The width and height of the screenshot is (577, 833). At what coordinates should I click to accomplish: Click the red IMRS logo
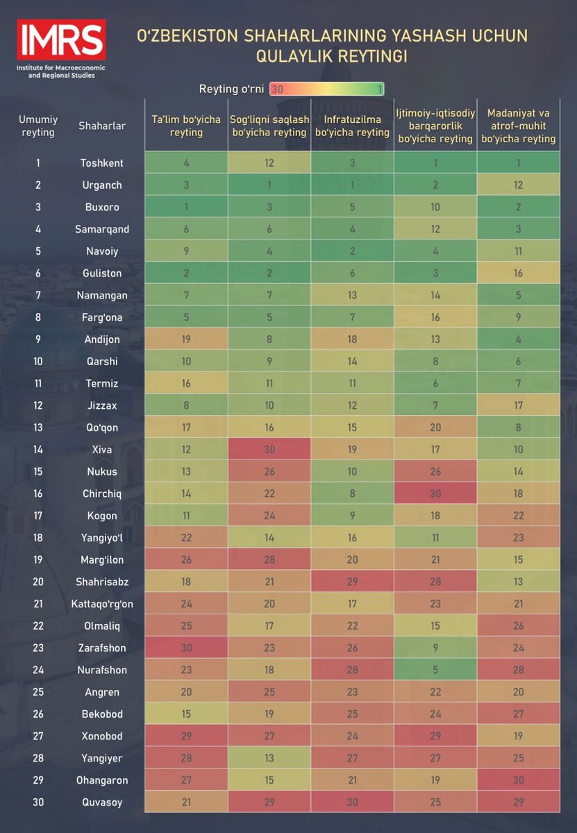pos(61,40)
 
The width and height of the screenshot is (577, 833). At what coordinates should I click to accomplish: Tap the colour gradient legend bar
pos(326,89)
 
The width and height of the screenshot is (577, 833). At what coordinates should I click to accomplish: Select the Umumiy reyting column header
pos(38,126)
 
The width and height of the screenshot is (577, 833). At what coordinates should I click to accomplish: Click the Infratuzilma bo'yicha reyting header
pos(352,126)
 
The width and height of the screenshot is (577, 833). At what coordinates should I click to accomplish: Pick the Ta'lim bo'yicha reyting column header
pos(186,126)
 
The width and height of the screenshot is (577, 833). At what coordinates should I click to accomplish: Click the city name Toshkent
pos(102,163)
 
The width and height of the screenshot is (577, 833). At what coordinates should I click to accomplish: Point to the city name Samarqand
pos(102,229)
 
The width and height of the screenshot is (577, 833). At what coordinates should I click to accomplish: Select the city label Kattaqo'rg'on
pos(102,604)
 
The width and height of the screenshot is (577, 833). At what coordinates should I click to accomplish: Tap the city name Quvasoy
pos(102,802)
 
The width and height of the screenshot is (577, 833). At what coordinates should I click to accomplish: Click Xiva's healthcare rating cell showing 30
pos(269,449)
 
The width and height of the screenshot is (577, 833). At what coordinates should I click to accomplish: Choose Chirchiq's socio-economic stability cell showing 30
pos(435,494)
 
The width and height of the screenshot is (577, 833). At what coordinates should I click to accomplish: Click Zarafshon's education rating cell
pos(186,648)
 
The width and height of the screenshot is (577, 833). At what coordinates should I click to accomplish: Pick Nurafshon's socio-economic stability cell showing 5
pos(435,670)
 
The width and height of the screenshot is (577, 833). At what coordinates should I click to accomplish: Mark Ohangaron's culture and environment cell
pos(519,780)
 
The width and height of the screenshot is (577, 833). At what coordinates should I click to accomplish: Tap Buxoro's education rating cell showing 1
pos(186,207)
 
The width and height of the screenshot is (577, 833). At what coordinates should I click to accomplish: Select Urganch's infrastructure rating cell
pos(352,185)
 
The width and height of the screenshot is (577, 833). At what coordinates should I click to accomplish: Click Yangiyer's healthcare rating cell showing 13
pos(269,758)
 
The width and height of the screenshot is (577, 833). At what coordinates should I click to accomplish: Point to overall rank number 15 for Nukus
pos(38,471)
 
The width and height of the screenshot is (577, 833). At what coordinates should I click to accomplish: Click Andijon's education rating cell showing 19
pos(186,339)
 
